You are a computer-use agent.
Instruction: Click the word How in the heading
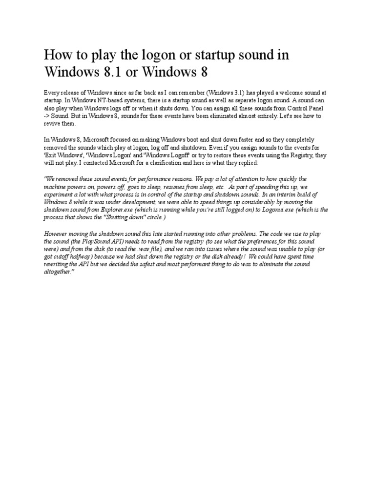(56, 55)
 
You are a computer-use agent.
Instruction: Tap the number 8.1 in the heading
(111, 72)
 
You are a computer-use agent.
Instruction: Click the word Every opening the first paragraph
(52, 92)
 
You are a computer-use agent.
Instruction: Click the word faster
(235, 139)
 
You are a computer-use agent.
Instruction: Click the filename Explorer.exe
(126, 210)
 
